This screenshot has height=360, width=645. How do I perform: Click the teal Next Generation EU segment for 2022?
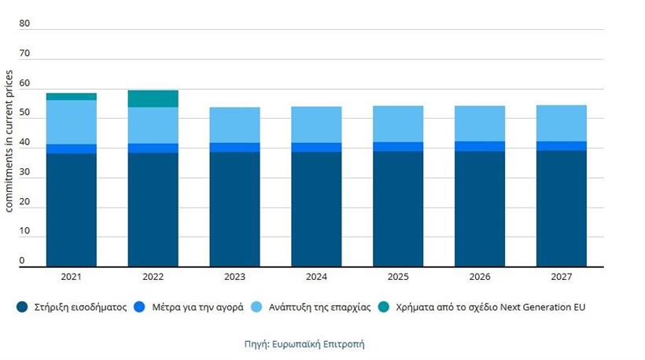point(153,98)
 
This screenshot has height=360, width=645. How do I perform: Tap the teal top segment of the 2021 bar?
point(71,97)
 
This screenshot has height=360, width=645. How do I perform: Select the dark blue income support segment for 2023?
point(234,209)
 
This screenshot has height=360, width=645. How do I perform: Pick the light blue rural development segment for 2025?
point(398,123)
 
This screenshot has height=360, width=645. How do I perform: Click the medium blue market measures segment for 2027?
point(562,145)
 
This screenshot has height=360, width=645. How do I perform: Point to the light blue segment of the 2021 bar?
point(71,122)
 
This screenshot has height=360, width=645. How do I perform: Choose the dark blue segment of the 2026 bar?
point(480,209)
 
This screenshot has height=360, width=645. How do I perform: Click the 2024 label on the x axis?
point(316,277)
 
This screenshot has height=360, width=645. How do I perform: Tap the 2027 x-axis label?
point(562,277)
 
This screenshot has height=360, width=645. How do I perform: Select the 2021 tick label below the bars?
point(71,277)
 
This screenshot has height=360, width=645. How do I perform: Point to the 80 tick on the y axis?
point(24,24)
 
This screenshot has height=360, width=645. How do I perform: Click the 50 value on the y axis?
point(24,112)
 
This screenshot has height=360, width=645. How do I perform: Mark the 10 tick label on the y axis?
point(24,231)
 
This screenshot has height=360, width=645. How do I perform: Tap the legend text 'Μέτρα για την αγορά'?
point(197,307)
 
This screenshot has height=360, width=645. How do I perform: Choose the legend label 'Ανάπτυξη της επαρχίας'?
point(319,307)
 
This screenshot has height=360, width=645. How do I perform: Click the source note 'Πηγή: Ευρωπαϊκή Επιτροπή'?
point(304,343)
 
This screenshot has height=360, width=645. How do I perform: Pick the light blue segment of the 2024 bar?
point(316,124)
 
